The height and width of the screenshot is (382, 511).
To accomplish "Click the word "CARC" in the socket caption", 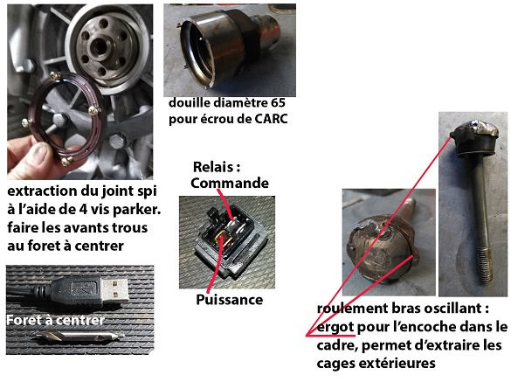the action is [x=271, y=119].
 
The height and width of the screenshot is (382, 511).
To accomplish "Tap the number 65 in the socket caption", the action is [x=278, y=103].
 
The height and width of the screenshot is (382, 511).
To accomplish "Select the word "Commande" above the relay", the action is [x=230, y=183].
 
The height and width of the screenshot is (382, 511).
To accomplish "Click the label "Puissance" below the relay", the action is [x=230, y=300].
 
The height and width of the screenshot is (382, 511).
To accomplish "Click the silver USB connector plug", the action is [x=114, y=290].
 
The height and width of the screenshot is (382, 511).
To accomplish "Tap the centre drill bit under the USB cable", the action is [x=80, y=336].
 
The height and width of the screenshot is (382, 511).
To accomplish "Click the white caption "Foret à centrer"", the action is [x=55, y=320].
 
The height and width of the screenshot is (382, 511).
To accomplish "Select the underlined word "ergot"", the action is [x=335, y=328].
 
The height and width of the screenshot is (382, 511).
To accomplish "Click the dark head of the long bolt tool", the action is [x=474, y=137].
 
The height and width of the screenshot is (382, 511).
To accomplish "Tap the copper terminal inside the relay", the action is [x=224, y=237].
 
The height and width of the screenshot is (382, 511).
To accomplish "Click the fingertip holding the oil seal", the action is [x=40, y=153].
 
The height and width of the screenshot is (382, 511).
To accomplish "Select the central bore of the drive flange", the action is [x=99, y=46].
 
